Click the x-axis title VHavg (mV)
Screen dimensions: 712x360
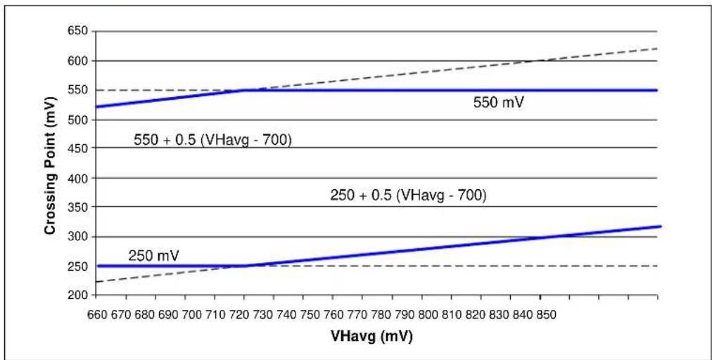(x=372, y=336)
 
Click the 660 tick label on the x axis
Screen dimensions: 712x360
(x=96, y=315)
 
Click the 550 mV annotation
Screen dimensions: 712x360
(x=499, y=103)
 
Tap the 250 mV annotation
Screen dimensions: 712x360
(x=153, y=256)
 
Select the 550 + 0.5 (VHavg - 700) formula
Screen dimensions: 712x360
(x=212, y=141)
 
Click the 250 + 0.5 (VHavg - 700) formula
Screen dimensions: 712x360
(x=408, y=195)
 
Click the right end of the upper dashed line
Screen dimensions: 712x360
(x=658, y=48)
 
